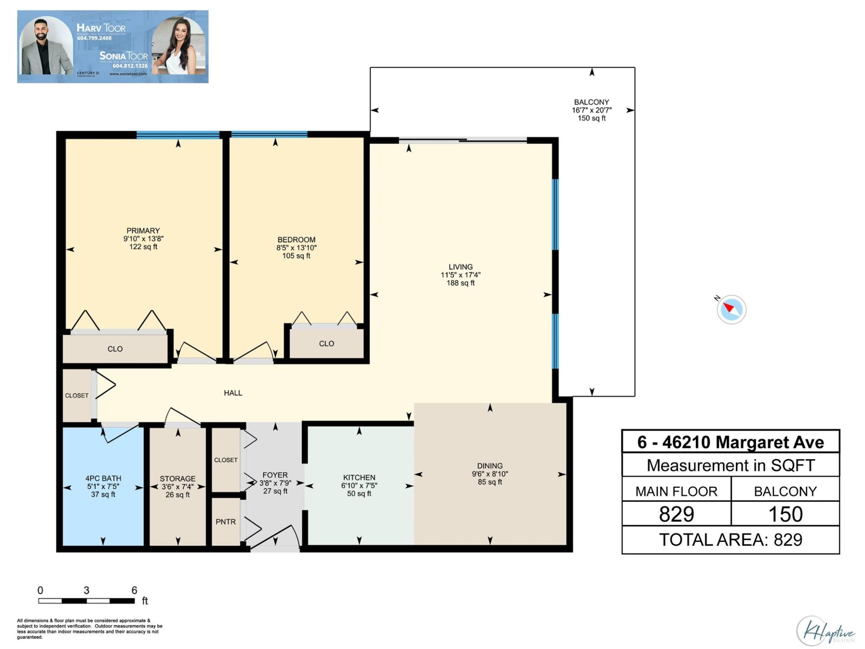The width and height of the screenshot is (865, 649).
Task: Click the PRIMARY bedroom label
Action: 143,230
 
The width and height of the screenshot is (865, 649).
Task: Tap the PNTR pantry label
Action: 225,521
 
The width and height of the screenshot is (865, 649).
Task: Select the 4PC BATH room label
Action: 103,478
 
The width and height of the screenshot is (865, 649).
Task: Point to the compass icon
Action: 731,309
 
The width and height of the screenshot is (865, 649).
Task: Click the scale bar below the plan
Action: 86,600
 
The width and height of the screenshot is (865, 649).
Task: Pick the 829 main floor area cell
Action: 676,514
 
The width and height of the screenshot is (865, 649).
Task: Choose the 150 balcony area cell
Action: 785,514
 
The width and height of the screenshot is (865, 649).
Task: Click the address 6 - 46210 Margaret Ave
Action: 730,442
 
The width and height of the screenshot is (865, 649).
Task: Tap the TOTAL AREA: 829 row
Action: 730,540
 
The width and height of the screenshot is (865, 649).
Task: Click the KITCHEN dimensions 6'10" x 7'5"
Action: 359,486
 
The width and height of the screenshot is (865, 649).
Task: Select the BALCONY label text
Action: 591,102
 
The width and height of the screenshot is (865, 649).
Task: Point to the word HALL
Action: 233,393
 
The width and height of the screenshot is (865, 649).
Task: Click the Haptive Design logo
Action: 826,631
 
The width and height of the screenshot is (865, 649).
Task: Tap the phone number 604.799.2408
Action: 94,38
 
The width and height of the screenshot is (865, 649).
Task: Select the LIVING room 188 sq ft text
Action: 461,283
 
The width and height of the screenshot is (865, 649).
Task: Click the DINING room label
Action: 490,466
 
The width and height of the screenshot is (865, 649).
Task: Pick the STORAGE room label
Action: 177,479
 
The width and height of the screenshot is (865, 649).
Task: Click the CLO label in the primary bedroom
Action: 115,349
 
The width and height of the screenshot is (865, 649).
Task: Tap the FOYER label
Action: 275,475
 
